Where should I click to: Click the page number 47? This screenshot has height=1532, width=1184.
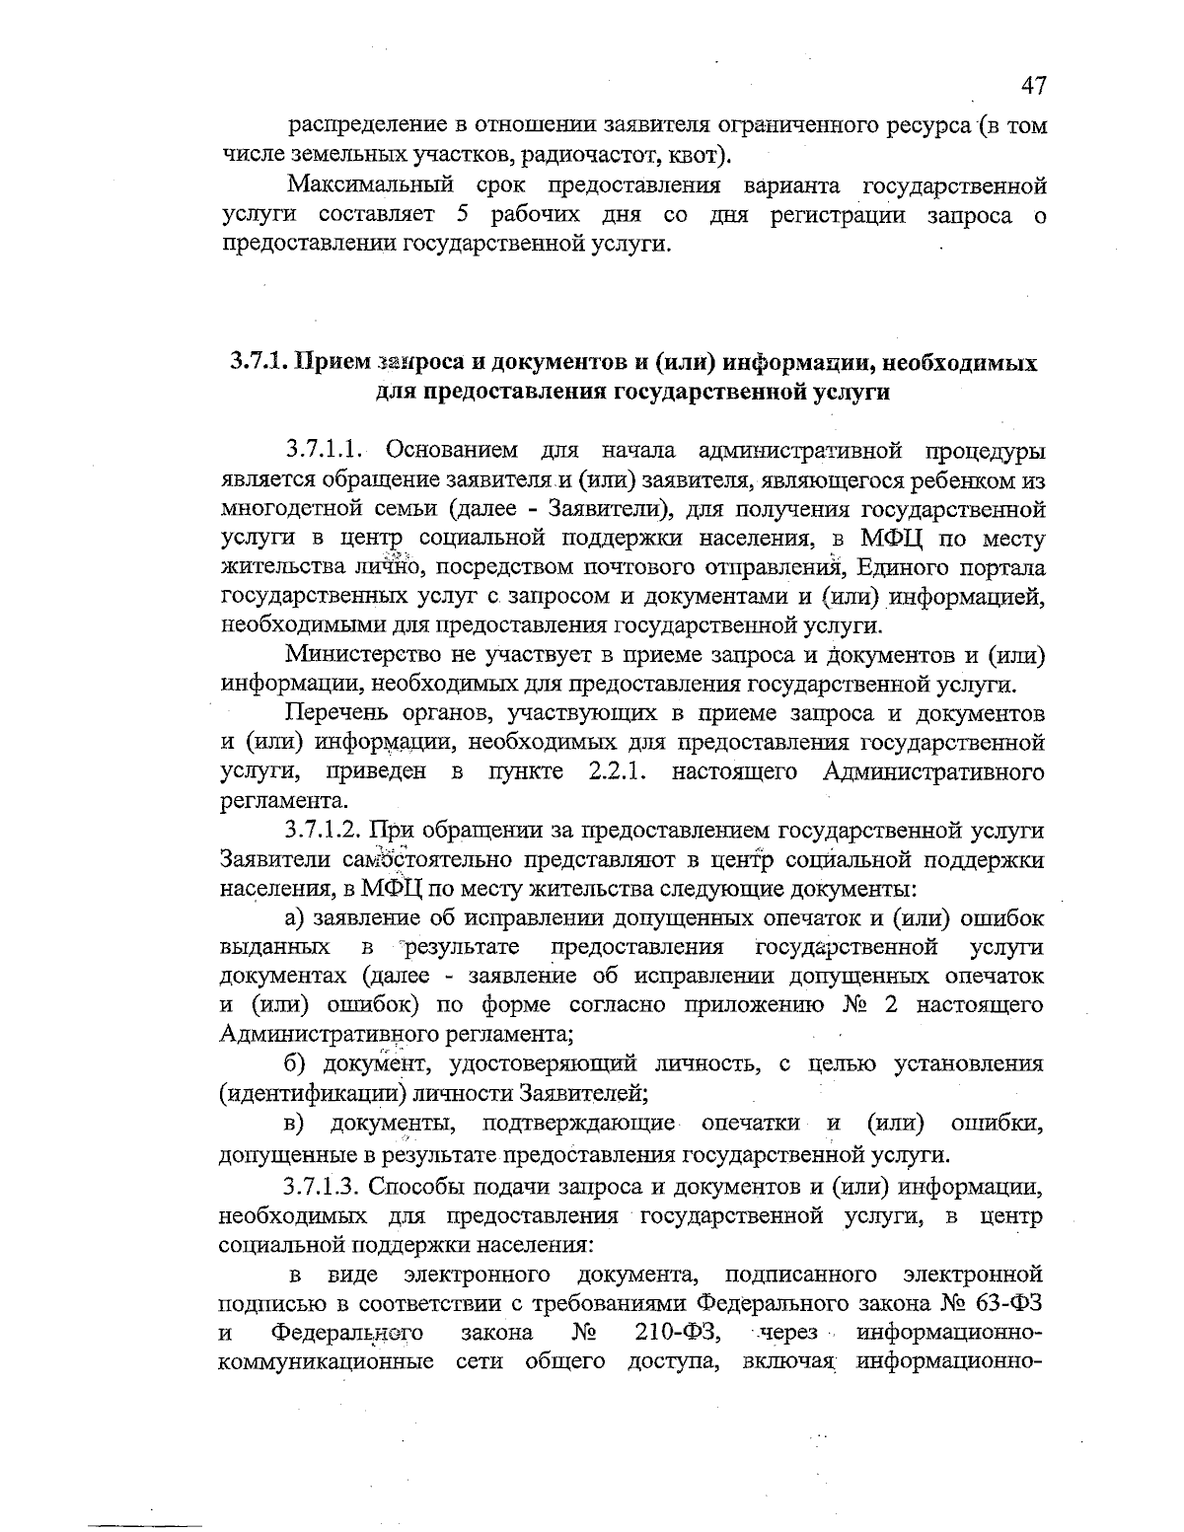point(1032,86)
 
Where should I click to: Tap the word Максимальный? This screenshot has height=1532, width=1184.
point(370,185)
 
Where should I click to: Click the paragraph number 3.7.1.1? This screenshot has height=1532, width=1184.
point(325,451)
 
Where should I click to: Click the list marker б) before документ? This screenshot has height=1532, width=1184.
point(296,1063)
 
